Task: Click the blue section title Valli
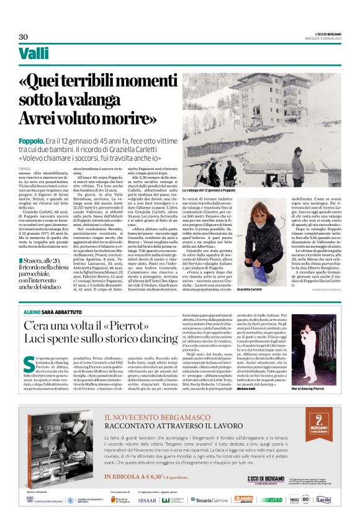[x=34, y=53]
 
